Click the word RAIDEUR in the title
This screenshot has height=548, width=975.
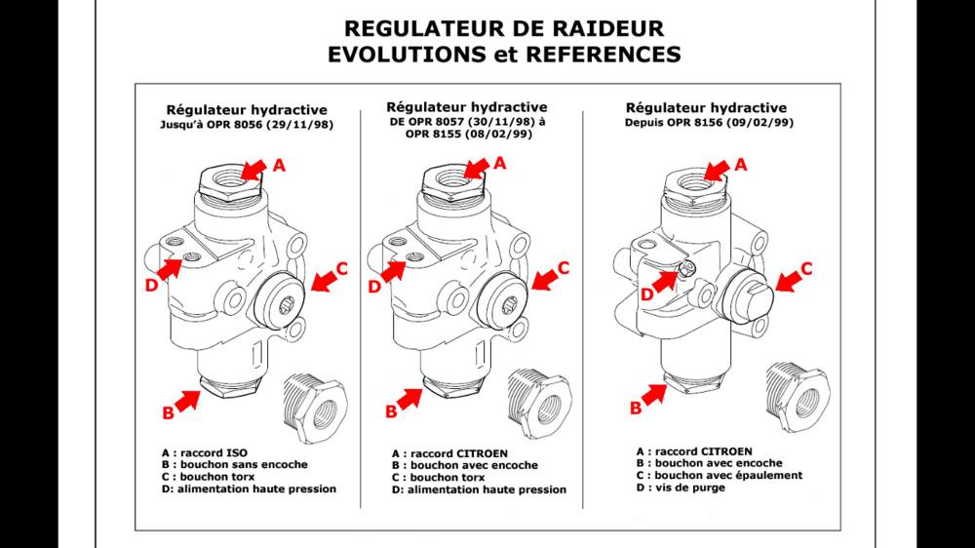[x=605, y=28]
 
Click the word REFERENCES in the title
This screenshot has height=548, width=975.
[x=603, y=55]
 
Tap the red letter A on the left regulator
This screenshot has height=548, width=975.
[x=279, y=166]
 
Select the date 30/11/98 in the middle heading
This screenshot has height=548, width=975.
[x=494, y=122]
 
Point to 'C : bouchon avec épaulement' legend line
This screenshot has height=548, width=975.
[x=719, y=475]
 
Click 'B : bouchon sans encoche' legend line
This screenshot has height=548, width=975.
[x=234, y=465]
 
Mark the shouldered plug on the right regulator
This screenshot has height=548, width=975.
[x=749, y=287]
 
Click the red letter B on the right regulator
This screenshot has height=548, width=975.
[x=636, y=408]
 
